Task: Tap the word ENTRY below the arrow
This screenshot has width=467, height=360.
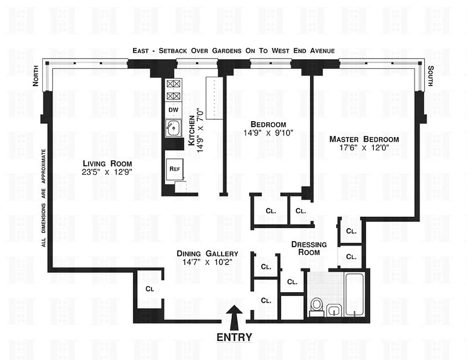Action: tap(234, 337)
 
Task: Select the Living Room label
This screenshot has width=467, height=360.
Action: tap(104, 163)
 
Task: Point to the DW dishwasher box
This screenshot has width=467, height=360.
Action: tap(173, 109)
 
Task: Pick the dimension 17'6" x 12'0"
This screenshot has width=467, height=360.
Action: tap(364, 147)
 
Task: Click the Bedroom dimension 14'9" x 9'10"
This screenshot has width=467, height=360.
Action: tap(268, 133)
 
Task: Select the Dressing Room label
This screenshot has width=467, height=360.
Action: tap(309, 248)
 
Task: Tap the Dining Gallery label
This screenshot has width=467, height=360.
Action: tap(207, 253)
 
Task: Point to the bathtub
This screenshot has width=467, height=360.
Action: tap(355, 295)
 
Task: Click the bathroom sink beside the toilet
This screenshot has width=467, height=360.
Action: tap(334, 310)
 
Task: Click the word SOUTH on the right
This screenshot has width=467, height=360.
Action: tap(431, 76)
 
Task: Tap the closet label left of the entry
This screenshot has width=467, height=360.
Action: tap(149, 289)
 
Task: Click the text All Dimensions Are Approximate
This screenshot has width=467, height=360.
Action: tap(44, 198)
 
